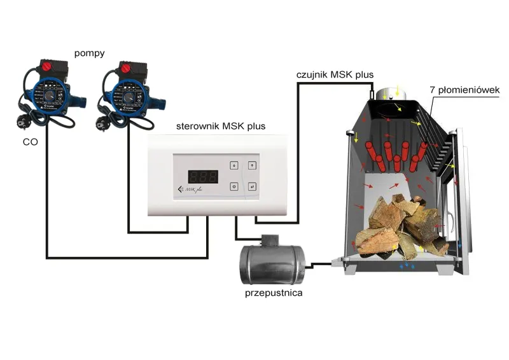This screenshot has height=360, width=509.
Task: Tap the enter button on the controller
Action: point(252,186)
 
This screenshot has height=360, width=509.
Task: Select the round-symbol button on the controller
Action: point(234,186)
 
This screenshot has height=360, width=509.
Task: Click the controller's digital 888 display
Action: point(198,176)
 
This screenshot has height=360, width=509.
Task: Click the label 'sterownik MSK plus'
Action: point(221,126)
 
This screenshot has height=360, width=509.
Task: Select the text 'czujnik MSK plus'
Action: point(335,74)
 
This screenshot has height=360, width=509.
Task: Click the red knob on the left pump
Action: point(48,66)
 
